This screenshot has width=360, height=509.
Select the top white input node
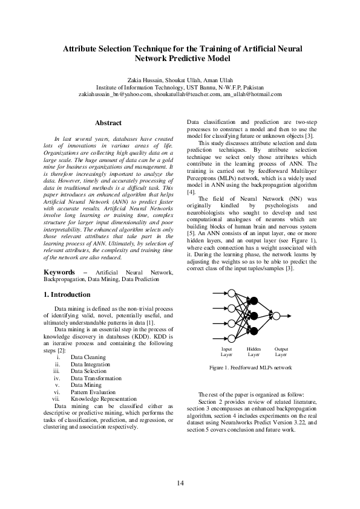click(231, 293)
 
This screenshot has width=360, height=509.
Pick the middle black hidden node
click(254, 315)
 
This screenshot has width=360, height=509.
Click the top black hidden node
click(254, 300)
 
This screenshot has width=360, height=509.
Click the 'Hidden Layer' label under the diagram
click(254, 352)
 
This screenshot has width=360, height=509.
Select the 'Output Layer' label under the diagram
click(281, 352)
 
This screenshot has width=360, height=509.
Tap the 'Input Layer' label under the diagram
click(226, 352)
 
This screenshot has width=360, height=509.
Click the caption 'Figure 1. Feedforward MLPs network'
click(250, 368)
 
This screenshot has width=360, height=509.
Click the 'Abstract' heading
click(108, 123)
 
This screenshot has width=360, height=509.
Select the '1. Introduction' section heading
click(67, 294)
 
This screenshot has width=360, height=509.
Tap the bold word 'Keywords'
click(59, 273)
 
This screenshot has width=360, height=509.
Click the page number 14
click(180, 482)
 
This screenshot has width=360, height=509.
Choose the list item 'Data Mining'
click(85, 384)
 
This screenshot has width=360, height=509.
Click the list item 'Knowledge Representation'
click(100, 399)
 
